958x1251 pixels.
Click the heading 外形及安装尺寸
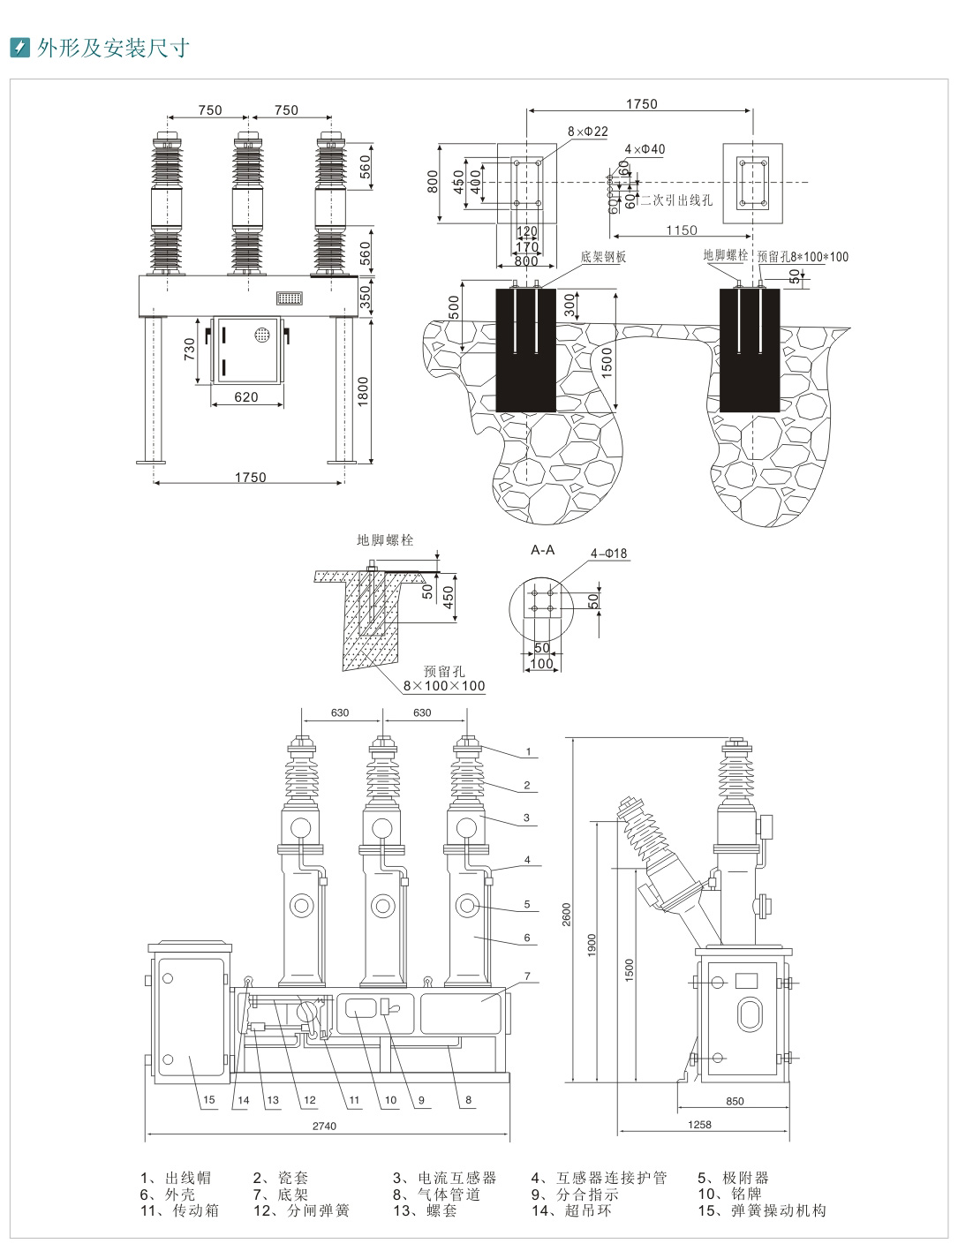coord(112,48)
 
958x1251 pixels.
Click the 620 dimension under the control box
coord(246,397)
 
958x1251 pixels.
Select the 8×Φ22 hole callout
coord(588,132)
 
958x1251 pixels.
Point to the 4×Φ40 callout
coord(645,149)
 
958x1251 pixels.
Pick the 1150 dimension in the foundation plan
coord(682,230)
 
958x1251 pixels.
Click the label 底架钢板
coord(603,257)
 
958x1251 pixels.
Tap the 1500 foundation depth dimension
coord(607,362)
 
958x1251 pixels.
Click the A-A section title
coord(542,550)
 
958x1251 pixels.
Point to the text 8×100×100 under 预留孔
coord(444,686)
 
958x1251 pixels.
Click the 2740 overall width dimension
coord(324,1126)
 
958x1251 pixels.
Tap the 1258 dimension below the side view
coord(698,1124)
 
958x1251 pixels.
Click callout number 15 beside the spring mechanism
coord(208,1100)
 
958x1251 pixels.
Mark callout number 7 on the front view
coord(527,976)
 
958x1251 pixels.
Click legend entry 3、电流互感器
coord(444,1178)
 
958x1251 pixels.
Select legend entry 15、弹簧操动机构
coord(761,1210)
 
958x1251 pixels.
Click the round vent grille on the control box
coord(261,335)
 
